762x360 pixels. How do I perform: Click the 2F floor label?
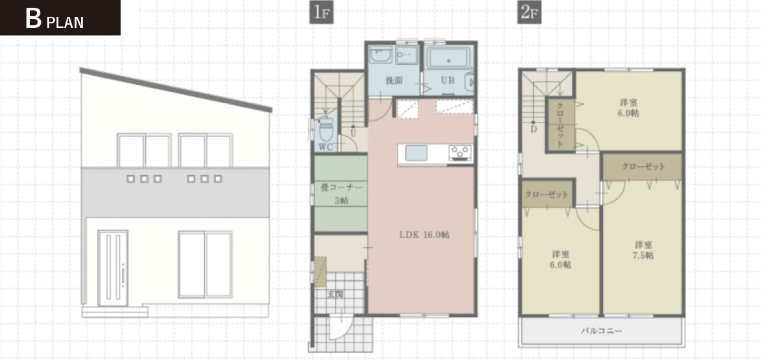[x=529, y=12]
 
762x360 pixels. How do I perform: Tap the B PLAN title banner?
[x=60, y=18]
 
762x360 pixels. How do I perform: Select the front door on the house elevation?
[x=113, y=268]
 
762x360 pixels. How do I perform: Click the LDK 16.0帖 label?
[x=424, y=235]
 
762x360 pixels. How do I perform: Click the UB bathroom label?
[x=447, y=80]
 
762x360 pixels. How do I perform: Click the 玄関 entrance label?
[x=333, y=293]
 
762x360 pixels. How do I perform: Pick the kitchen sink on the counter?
[x=416, y=152]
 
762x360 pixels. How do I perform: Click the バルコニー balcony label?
[x=602, y=331]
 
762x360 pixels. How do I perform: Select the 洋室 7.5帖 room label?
[x=643, y=250]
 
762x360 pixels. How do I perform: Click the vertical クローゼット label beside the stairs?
[x=560, y=125]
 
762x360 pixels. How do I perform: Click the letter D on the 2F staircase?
[x=534, y=128]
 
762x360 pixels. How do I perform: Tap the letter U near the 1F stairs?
[x=353, y=132]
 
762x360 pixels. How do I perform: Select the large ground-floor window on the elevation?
[x=204, y=264]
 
